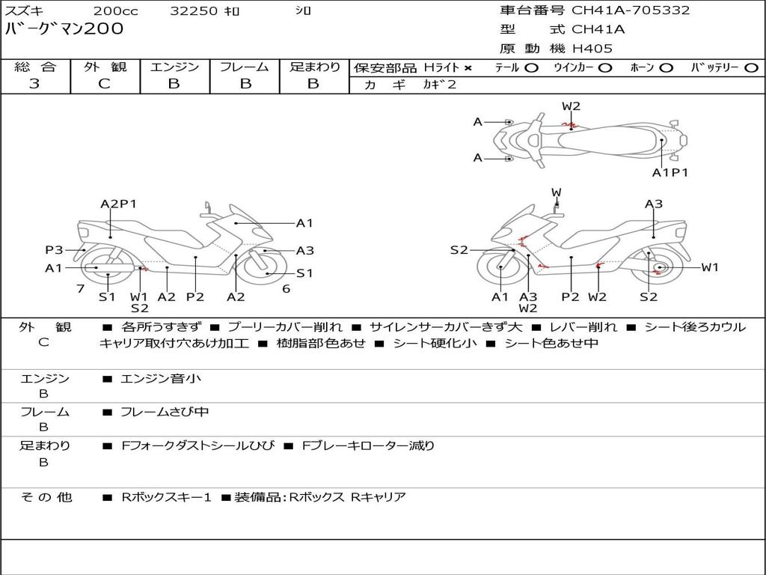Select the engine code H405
(592, 49)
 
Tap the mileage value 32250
(194, 11)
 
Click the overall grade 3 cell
(34, 84)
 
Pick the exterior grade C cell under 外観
(105, 84)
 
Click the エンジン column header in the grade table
(174, 67)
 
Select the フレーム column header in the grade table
(245, 67)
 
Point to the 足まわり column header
(315, 67)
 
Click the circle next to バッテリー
(750, 68)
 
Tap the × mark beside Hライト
(468, 68)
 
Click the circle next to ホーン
(666, 68)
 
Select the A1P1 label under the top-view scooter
(670, 173)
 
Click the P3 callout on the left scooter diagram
(54, 250)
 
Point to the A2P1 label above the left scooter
(118, 204)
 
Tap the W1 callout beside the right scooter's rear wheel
(709, 267)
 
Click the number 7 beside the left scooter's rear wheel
(80, 288)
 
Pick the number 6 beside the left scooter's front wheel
(286, 288)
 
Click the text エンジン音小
(161, 379)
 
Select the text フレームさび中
(165, 412)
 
